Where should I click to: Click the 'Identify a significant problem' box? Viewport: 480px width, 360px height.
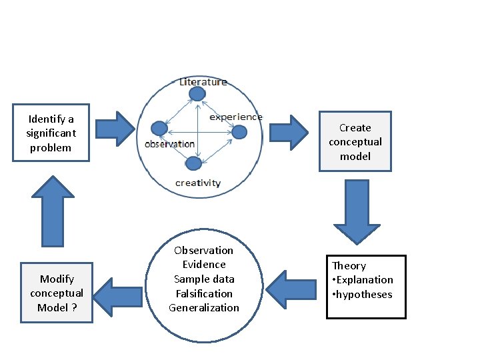51,133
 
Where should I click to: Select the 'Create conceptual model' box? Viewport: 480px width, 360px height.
355,142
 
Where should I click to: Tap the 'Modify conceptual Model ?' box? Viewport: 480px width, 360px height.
57,293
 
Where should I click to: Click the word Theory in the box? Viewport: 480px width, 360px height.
349,265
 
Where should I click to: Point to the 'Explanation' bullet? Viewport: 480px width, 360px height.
363,279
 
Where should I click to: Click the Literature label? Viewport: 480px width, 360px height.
203,82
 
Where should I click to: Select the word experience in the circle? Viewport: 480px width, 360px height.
236,117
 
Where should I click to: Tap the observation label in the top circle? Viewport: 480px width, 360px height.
169,143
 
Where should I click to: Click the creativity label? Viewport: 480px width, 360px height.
198,183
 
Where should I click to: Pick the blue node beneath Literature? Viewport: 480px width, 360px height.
197,94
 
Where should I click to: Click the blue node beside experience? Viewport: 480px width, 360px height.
239,132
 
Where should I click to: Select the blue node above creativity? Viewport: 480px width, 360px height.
193,163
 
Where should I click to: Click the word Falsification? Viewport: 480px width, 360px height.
203,293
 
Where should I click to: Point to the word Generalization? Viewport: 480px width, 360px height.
203,307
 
